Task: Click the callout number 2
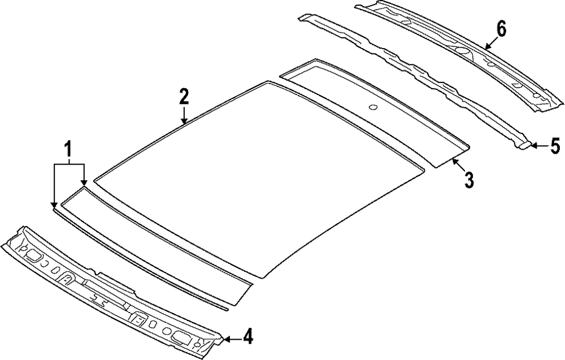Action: pos(184,96)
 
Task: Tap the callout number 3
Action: pos(468,180)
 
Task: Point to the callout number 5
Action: pos(555,146)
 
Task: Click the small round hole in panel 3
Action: pos(372,107)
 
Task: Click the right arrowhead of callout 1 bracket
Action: pos(84,183)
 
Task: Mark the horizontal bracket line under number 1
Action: pos(69,164)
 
